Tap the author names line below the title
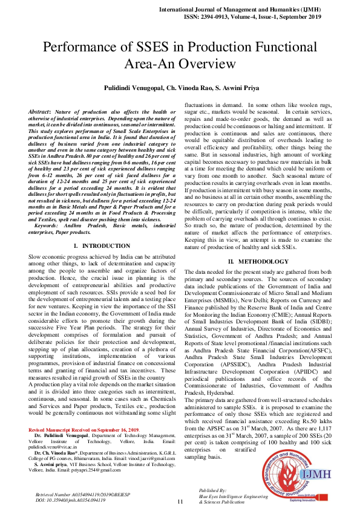pos(180,88)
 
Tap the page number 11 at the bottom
pos(180,501)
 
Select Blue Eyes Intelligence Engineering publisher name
pos(234,496)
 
